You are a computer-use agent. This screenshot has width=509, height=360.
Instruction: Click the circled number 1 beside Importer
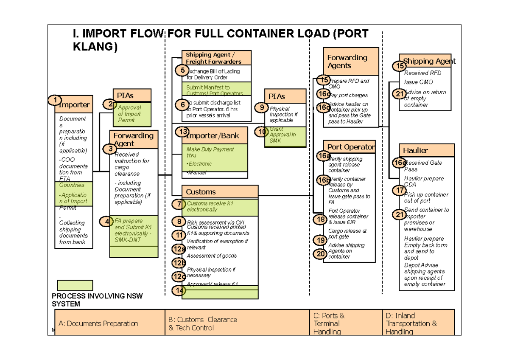click(54, 100)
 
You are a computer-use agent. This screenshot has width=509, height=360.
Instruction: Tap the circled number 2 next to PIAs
click(110, 104)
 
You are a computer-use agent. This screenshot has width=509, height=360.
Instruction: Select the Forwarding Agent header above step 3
click(134, 139)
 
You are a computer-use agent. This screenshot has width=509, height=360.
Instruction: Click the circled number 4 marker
click(106, 221)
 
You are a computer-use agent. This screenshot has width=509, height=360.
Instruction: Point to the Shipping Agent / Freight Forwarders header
click(216, 58)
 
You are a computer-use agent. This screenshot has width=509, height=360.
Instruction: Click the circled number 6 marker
click(182, 104)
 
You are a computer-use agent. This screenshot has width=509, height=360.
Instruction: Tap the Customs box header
click(219, 192)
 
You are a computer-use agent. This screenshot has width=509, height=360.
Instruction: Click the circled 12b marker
click(179, 263)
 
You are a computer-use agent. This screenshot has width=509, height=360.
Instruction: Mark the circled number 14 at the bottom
click(179, 291)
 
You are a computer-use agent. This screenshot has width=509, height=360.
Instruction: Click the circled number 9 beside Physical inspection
click(262, 108)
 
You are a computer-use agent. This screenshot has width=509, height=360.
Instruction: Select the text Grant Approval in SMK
click(282, 135)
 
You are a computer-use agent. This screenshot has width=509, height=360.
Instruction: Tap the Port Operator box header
click(350, 147)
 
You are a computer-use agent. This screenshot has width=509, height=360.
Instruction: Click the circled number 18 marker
click(320, 219)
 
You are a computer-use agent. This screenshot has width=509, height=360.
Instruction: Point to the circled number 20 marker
click(320, 254)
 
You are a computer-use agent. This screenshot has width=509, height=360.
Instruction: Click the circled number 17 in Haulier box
click(399, 191)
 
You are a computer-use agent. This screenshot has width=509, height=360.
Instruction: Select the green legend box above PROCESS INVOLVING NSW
click(75, 285)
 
